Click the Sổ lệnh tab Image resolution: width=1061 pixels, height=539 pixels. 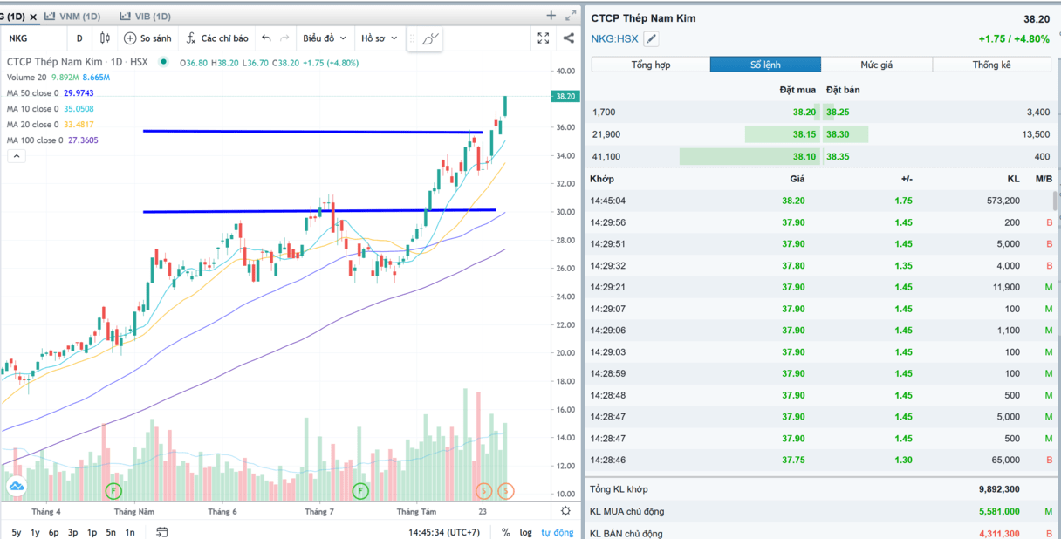point(765,65)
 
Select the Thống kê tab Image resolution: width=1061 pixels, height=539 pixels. point(991,65)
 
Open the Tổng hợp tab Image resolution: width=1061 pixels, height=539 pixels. point(651,65)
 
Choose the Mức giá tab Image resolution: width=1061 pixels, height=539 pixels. point(876,65)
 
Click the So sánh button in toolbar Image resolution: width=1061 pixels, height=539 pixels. point(147,38)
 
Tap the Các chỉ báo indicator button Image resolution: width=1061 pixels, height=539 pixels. point(216,38)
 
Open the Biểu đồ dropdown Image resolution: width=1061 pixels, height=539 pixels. point(325,38)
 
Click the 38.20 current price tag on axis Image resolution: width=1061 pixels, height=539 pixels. point(565,97)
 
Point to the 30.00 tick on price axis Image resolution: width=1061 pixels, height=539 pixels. point(565,212)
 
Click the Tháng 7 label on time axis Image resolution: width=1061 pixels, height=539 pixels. point(319,512)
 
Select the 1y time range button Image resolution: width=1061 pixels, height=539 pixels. point(35,532)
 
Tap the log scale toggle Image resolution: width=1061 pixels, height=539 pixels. point(525,532)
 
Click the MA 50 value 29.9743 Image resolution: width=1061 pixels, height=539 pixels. point(79,93)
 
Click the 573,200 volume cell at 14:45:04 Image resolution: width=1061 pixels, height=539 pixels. point(997,201)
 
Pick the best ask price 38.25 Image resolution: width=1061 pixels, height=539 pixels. point(838,113)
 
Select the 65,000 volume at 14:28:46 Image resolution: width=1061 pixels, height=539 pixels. point(999,460)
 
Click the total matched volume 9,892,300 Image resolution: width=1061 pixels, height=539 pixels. point(999,489)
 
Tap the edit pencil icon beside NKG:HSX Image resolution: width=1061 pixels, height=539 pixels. point(651,38)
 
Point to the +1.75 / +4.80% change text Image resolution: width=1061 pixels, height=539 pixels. point(1014,39)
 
